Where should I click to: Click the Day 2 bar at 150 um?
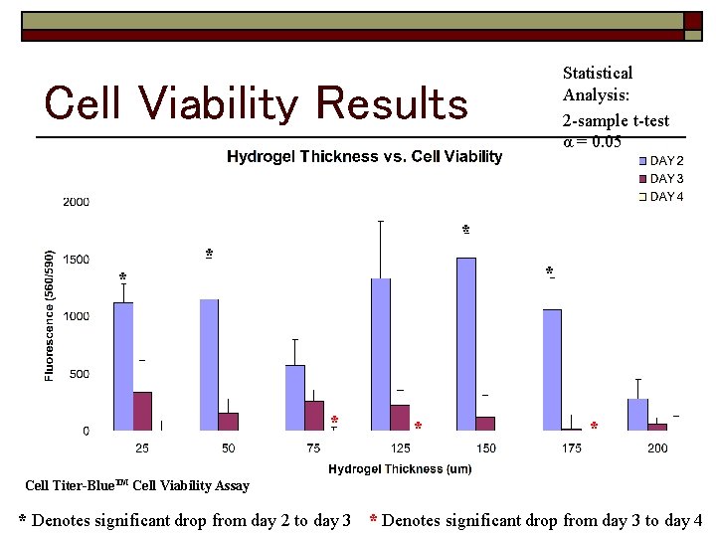click(x=465, y=343)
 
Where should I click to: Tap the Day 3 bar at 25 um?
click(x=142, y=411)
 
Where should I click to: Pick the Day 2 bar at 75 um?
click(x=294, y=398)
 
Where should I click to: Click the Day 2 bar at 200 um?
click(x=637, y=415)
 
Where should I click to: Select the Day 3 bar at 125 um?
click(x=400, y=418)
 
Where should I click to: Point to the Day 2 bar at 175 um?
click(x=552, y=370)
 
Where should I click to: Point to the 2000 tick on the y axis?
click(x=77, y=202)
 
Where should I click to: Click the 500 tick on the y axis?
click(x=80, y=374)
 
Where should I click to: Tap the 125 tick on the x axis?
click(x=400, y=448)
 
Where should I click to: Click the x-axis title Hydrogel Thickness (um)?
click(x=400, y=468)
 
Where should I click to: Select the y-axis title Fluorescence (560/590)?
click(x=50, y=314)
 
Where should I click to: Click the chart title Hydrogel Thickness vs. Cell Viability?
click(x=364, y=156)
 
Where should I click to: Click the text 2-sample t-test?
click(x=616, y=121)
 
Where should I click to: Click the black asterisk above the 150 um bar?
click(x=465, y=231)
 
